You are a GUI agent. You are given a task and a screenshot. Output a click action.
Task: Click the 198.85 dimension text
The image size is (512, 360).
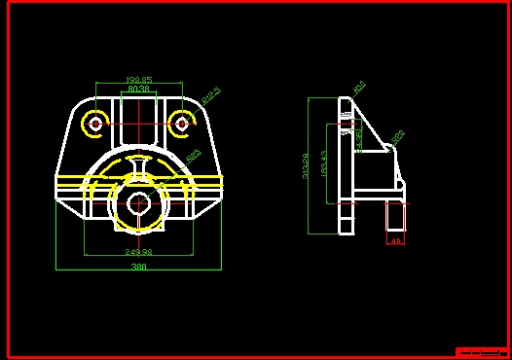138,80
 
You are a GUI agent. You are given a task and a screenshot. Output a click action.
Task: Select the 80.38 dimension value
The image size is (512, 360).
138,90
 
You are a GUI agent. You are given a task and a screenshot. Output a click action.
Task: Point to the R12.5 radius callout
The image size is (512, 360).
211,95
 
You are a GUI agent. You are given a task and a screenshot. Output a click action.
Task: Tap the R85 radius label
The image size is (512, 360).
193,154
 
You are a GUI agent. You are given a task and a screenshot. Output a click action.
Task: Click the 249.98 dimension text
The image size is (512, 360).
139,252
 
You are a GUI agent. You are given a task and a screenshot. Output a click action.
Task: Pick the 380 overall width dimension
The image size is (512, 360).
139,266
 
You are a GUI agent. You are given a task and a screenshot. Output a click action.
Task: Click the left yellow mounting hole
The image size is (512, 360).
95,123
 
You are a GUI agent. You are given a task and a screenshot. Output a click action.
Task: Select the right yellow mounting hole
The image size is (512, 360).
181,123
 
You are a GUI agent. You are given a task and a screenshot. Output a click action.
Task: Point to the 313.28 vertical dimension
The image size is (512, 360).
307,166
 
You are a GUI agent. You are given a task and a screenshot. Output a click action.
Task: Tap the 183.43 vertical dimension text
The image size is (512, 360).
324,163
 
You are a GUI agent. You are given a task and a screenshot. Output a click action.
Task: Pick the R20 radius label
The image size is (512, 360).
398,136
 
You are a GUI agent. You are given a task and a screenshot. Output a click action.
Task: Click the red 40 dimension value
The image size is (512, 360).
395,239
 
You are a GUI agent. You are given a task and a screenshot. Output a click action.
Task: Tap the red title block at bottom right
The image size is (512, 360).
482,351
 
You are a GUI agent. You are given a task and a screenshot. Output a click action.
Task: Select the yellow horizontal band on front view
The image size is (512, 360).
139,180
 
